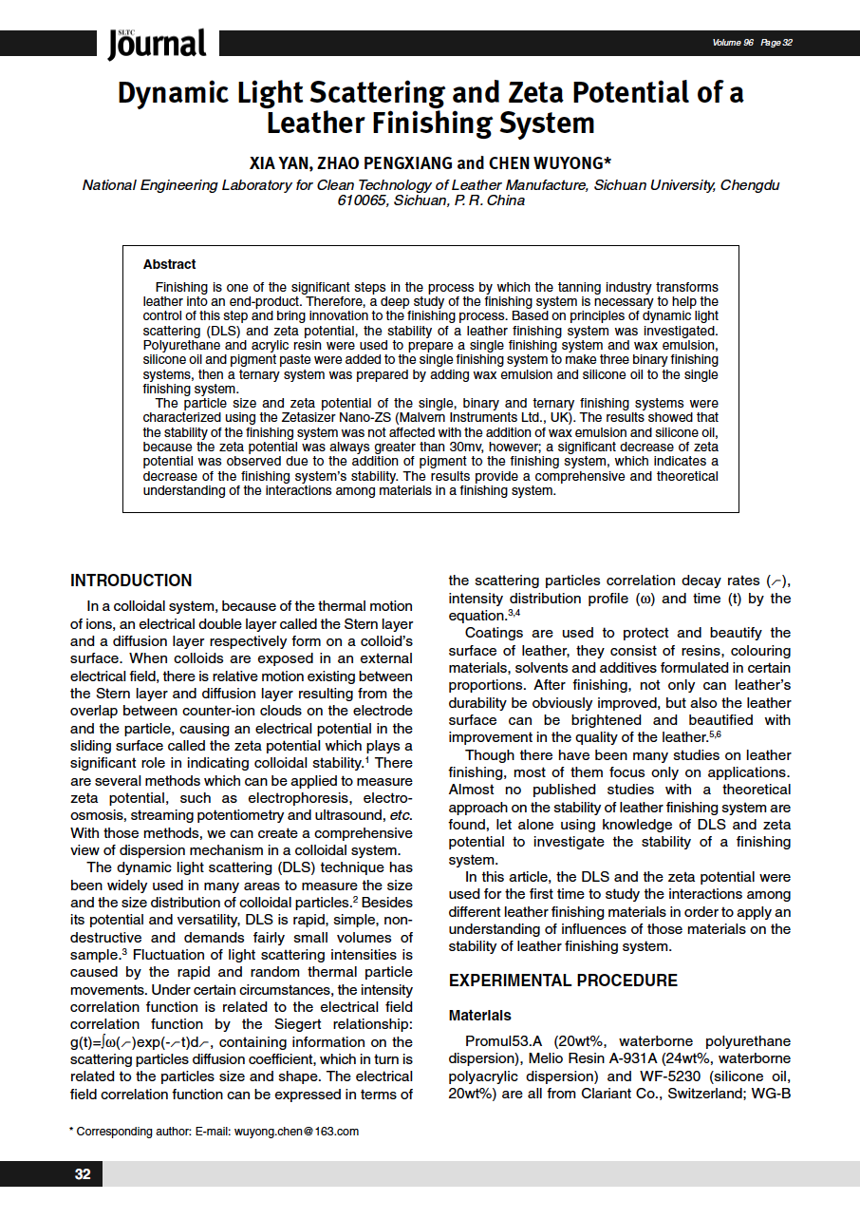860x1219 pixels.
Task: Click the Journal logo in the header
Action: click(157, 43)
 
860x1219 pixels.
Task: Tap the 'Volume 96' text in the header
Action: click(733, 43)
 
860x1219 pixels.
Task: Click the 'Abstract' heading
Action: click(169, 264)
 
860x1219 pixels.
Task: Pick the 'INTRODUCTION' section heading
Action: click(131, 581)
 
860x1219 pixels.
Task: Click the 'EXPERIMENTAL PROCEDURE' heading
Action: click(563, 981)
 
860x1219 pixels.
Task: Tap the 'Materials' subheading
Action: click(479, 1016)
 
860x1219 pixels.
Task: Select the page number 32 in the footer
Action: click(83, 1174)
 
